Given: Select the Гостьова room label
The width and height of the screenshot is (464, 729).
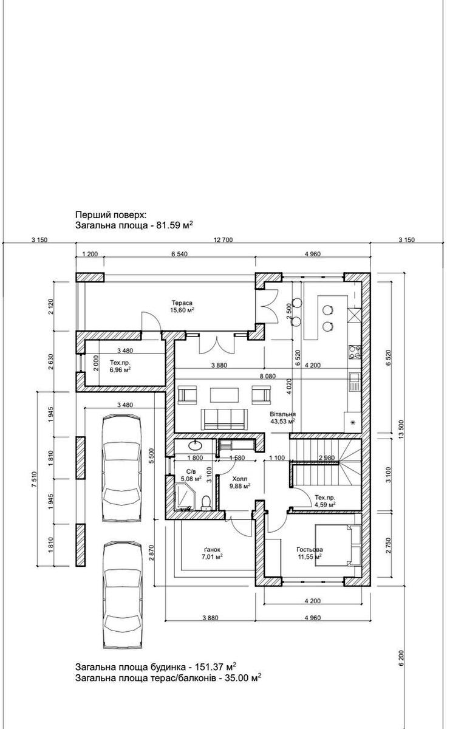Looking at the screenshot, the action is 310,549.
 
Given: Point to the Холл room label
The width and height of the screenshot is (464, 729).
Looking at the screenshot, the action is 239,479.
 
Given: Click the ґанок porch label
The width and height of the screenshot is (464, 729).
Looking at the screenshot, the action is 212,550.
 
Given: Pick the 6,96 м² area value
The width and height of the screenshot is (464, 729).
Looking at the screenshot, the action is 120,370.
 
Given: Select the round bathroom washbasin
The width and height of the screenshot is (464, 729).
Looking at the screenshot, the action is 195,443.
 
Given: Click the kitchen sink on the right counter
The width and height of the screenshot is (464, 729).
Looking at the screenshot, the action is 354,382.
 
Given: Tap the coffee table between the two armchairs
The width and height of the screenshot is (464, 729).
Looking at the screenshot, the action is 224,395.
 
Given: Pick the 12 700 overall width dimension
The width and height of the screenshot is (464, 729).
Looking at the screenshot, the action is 223,240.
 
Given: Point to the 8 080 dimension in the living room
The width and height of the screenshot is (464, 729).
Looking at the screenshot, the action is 267,376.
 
